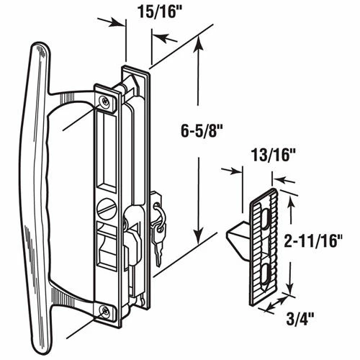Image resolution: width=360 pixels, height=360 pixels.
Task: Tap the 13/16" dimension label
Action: tap(273, 156)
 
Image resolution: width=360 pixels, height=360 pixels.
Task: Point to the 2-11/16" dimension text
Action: tap(312, 240)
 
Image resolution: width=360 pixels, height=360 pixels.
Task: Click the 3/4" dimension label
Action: tap(300, 318)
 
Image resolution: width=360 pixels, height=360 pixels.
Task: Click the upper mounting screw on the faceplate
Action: tap(105, 102)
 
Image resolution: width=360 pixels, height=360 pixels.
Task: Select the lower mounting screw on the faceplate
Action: tap(104, 311)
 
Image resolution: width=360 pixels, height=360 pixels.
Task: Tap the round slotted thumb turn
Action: tap(107, 209)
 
